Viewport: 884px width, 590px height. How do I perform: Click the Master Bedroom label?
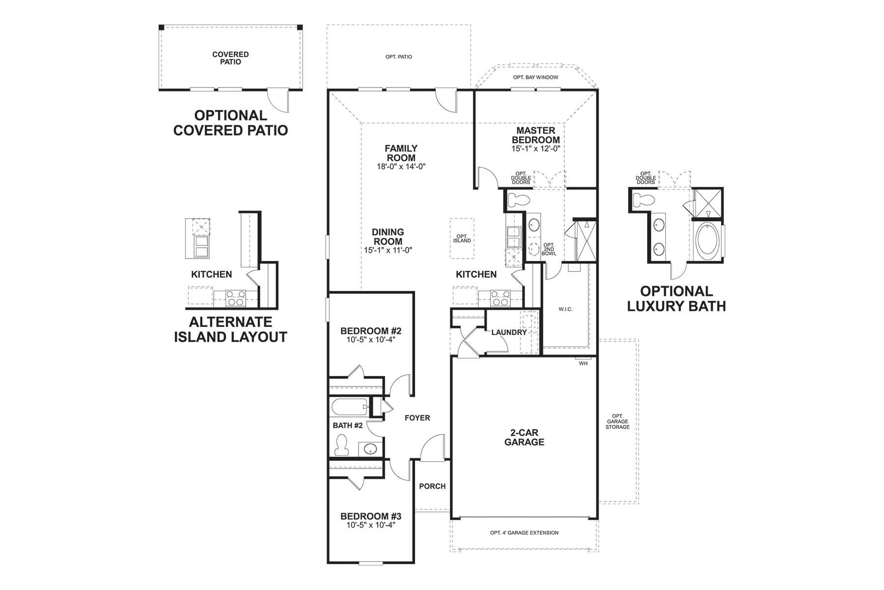535,135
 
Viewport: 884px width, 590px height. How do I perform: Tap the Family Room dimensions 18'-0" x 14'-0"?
401,167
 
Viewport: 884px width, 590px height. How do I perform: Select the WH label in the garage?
583,363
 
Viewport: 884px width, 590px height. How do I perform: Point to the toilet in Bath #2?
341,445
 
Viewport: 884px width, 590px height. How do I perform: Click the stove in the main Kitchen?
500,298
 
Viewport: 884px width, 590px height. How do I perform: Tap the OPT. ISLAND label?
462,238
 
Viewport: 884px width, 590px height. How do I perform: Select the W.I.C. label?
565,309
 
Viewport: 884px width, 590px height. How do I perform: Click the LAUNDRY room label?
509,332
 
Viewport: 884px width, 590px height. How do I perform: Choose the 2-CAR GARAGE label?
525,437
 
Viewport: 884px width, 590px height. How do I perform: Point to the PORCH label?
432,486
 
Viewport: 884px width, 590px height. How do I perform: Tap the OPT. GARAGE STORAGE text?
617,421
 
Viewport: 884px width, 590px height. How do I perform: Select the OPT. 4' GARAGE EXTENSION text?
524,532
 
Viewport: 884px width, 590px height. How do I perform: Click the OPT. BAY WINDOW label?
535,77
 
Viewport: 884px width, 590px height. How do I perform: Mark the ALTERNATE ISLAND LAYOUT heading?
230,329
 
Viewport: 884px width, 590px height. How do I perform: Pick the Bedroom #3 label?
371,516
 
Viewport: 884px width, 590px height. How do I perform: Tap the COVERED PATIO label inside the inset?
230,58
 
